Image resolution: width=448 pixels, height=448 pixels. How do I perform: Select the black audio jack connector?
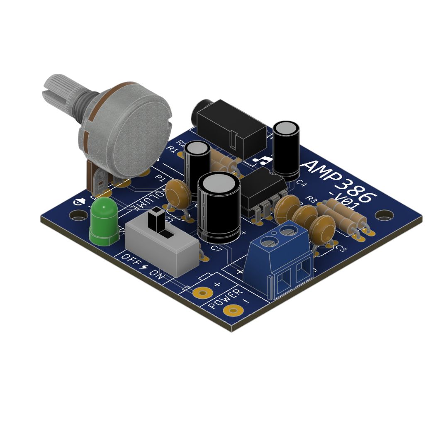coord(230,129)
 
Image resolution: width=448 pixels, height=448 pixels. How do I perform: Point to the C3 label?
coord(340,248)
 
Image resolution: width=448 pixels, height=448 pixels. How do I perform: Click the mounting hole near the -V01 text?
coord(385,215)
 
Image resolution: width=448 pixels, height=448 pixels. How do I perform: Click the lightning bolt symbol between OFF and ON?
coord(144,266)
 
